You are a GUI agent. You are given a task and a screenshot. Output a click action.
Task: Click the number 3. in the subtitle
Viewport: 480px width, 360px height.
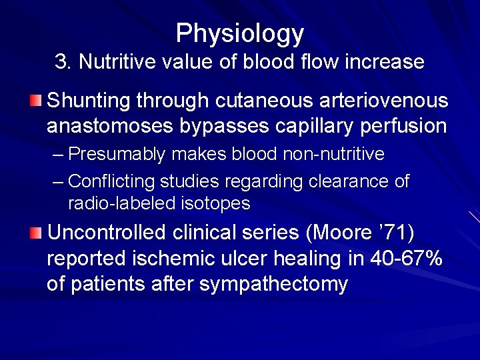pos(63,62)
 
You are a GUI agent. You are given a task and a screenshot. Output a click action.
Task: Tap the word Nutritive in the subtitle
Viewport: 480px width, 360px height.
pos(112,62)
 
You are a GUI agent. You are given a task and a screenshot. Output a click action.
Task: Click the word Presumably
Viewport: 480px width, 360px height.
pos(116,155)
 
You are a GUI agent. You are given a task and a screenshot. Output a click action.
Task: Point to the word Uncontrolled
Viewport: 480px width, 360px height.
pos(107,233)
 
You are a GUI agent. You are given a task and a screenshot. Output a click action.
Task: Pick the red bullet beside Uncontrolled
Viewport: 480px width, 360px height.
pos(36,233)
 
